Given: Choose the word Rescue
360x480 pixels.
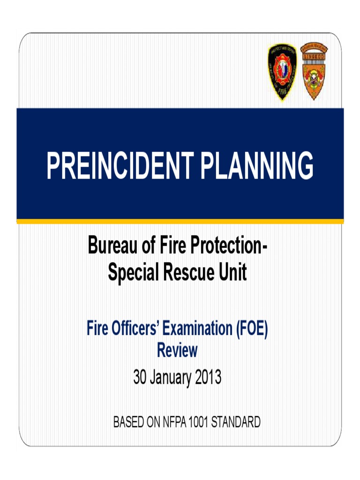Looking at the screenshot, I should [187, 272].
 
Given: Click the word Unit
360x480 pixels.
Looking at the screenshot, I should [232, 272].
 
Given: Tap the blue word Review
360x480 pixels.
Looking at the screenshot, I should [177, 350].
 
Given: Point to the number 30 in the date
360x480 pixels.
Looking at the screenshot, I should [140, 378].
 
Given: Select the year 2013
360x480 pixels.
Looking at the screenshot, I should [206, 378].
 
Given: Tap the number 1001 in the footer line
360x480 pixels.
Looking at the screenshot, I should [199, 423].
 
